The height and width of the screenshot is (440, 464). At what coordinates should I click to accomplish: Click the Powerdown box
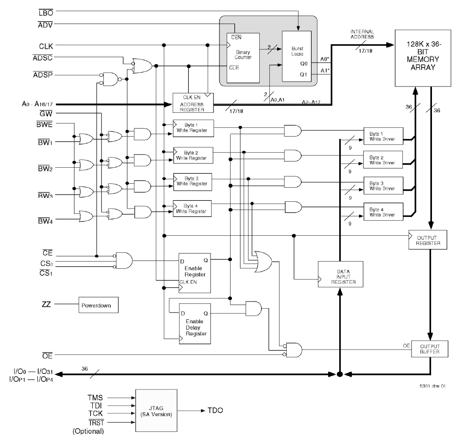click(x=99, y=306)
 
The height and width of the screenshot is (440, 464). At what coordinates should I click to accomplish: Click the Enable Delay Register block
click(x=196, y=324)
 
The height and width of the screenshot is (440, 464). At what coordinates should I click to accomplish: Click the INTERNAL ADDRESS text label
click(x=362, y=35)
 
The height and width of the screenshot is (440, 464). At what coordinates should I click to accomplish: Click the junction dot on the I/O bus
click(x=340, y=374)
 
